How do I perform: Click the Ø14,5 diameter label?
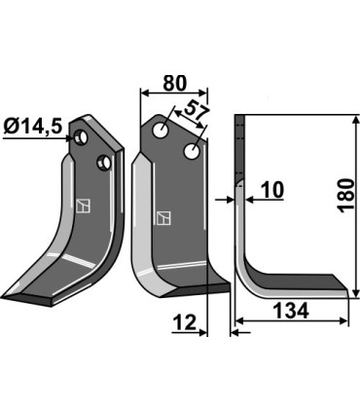[35, 128]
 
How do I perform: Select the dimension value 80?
[175, 84]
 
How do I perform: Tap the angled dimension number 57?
[196, 113]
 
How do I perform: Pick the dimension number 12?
[186, 321]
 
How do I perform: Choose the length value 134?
[289, 312]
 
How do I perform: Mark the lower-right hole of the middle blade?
[194, 151]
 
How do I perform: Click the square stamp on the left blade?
[83, 206]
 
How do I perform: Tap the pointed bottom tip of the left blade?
[6, 296]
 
